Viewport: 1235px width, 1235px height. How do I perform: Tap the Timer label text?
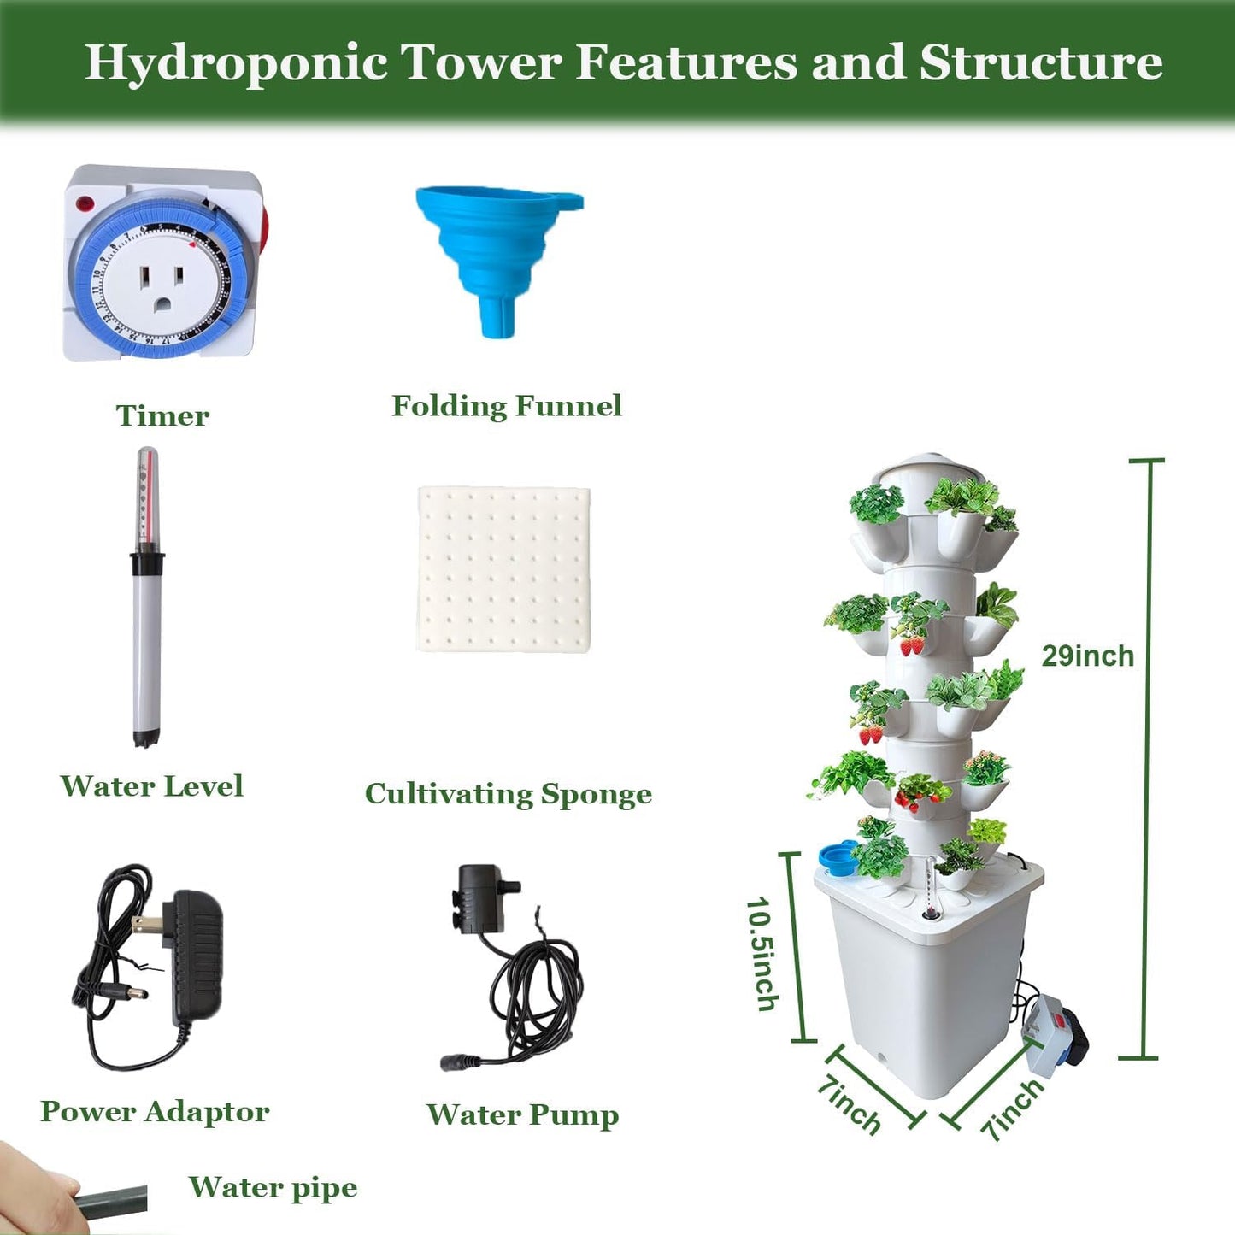[162, 415]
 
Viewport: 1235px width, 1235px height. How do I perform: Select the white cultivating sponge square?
[504, 569]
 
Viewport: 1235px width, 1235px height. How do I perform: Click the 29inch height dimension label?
[1087, 656]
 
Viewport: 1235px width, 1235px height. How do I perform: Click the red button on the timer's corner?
[85, 204]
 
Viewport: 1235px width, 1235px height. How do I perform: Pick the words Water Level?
[152, 786]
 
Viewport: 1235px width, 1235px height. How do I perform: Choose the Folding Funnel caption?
[507, 406]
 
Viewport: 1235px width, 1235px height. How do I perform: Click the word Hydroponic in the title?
[236, 62]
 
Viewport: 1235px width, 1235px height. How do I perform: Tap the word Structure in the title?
[1040, 62]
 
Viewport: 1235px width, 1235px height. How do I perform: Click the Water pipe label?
[273, 1187]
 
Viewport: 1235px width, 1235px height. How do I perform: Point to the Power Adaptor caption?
[155, 1111]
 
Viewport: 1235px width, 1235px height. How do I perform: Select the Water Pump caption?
[522, 1114]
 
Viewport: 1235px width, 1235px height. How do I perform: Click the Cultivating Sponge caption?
[509, 794]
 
